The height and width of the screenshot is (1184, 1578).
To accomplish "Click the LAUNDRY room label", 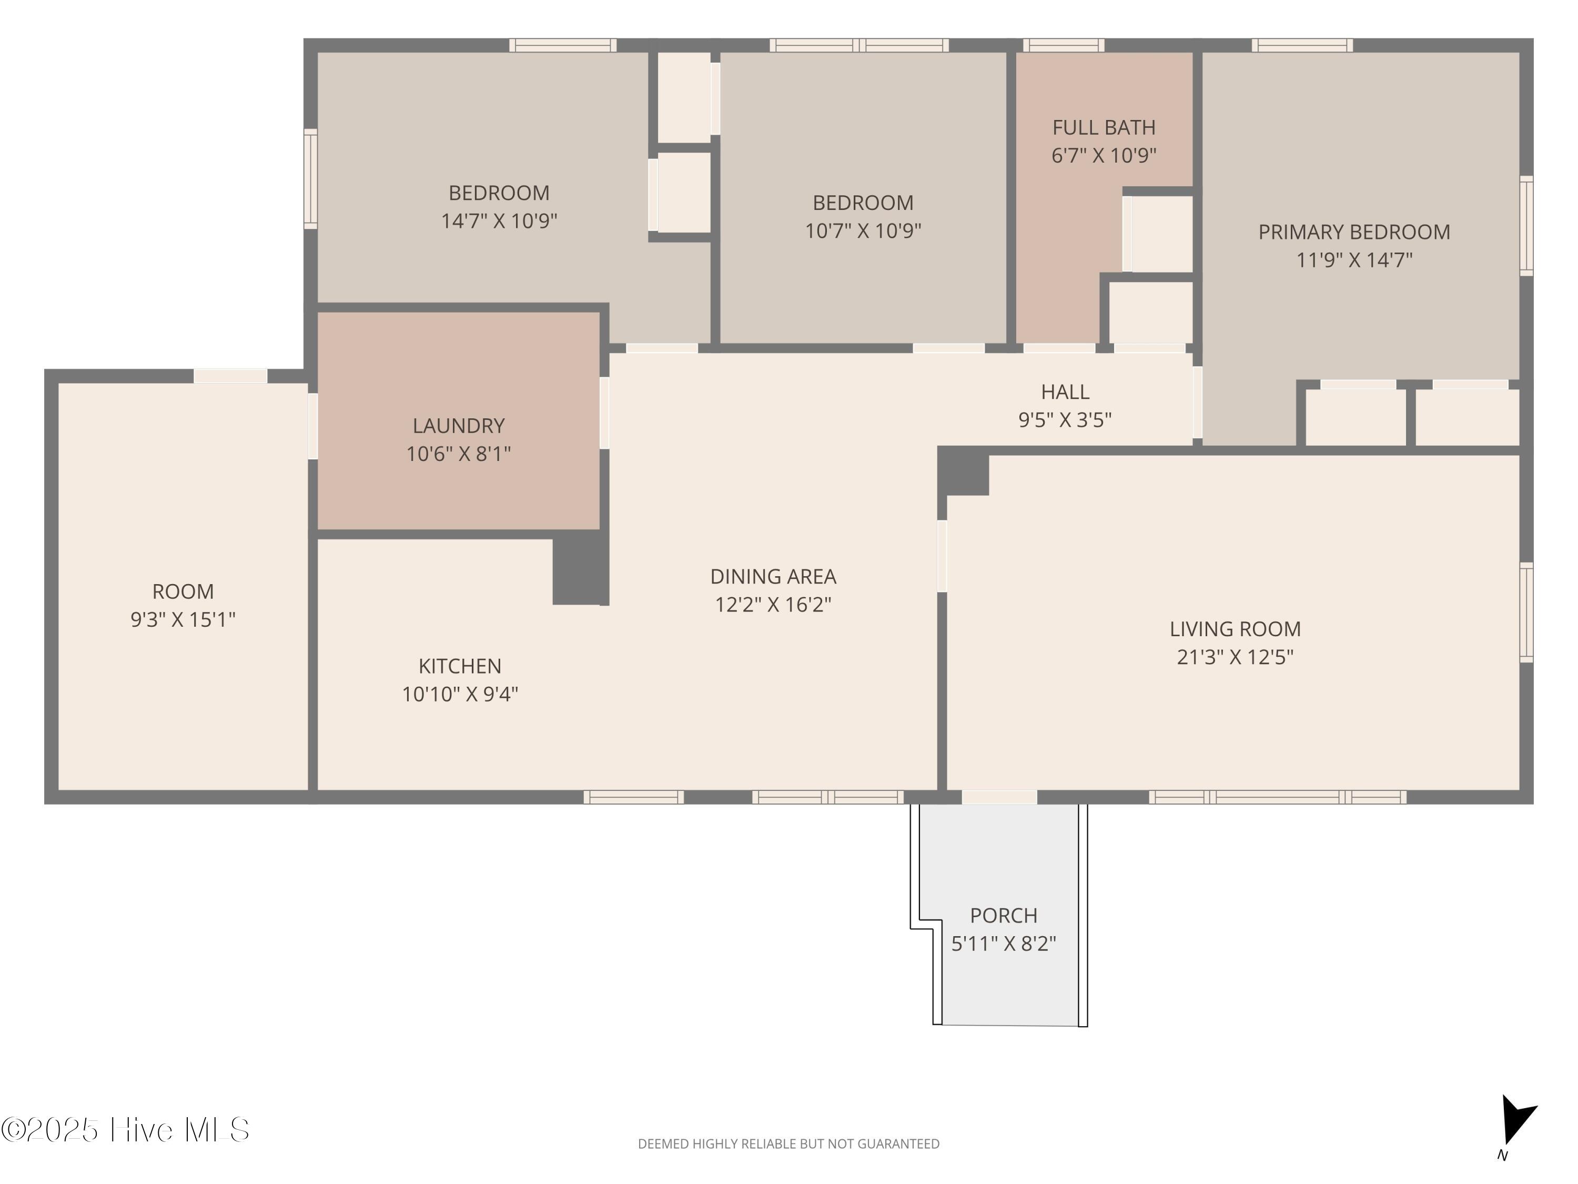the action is (459, 426).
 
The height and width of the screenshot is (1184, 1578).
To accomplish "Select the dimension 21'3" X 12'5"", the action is (1235, 657).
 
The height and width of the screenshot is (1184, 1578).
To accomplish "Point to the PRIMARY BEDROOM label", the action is (1354, 232).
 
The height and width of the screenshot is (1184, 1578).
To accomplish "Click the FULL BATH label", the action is (1104, 128).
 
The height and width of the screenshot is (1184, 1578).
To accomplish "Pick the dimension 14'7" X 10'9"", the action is (499, 220).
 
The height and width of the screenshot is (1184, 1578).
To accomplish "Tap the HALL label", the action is (1065, 392).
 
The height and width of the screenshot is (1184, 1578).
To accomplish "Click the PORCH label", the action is (1004, 916).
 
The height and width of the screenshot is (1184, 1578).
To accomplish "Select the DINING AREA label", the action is (773, 577).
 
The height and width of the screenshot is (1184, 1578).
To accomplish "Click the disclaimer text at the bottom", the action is (788, 1144).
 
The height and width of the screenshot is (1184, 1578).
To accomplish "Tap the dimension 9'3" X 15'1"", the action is (183, 619).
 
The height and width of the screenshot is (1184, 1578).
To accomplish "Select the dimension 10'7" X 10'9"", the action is (863, 230).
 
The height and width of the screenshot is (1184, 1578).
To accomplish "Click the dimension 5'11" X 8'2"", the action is (1004, 944).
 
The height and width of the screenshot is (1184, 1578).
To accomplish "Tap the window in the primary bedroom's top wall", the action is (1302, 45).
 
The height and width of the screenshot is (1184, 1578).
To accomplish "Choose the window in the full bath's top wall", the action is (1064, 45).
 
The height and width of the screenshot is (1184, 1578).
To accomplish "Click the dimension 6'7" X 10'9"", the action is (1104, 156).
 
